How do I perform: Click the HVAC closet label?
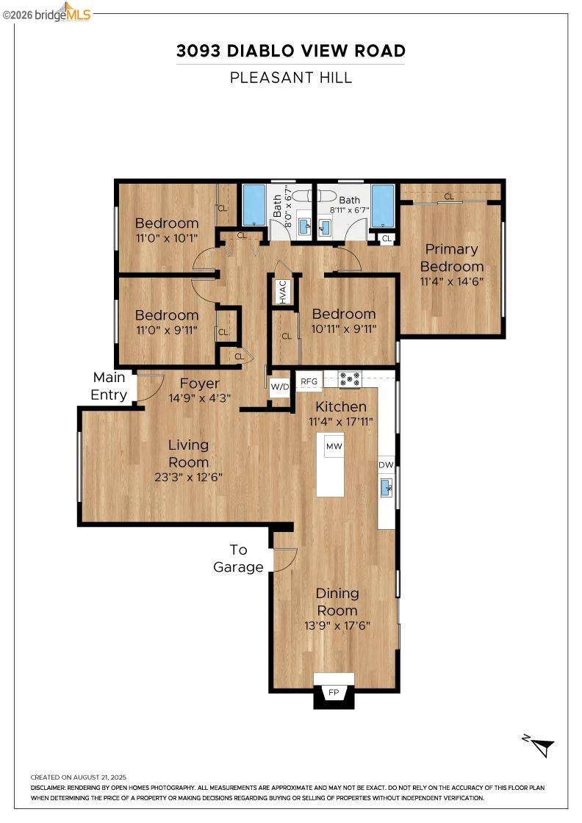(x=283, y=291)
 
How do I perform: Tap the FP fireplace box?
(x=334, y=692)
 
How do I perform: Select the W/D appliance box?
(x=280, y=387)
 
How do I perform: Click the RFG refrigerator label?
(x=309, y=381)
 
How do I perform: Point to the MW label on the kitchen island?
(x=334, y=446)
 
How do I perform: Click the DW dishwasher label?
(x=386, y=465)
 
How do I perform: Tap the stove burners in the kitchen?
(x=350, y=379)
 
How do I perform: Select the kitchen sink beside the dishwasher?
(x=386, y=486)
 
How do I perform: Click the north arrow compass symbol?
(x=541, y=746)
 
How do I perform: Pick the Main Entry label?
(x=109, y=387)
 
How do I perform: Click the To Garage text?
(x=238, y=558)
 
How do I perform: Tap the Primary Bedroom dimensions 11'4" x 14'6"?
(x=451, y=281)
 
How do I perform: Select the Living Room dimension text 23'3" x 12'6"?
(x=188, y=477)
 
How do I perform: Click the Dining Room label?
(x=337, y=602)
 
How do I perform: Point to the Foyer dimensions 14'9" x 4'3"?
(x=200, y=399)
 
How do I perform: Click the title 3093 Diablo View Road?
(x=290, y=51)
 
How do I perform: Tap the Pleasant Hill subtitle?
(x=290, y=77)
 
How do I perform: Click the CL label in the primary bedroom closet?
(x=448, y=196)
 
